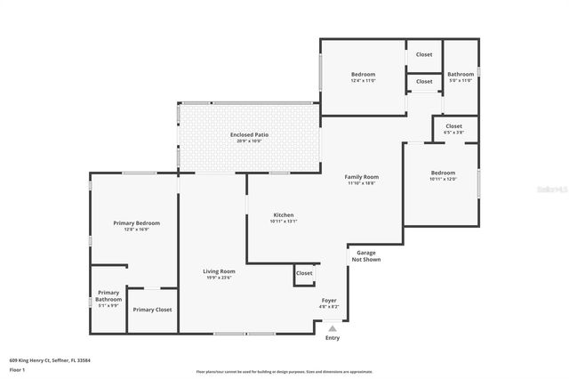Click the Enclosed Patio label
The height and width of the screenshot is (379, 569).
tap(249, 134)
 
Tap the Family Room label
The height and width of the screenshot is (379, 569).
tap(361, 177)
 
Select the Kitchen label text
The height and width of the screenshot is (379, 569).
tap(283, 214)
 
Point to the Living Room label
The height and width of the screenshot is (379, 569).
tap(219, 271)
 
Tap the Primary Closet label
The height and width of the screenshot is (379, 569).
tap(152, 310)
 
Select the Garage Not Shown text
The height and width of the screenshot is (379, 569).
tap(365, 256)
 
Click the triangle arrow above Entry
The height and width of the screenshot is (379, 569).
tap(333, 328)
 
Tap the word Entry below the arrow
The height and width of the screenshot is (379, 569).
tap(333, 338)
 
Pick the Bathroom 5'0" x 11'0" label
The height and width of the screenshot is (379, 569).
tap(461, 75)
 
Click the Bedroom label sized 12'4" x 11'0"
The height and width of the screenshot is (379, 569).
tap(363, 74)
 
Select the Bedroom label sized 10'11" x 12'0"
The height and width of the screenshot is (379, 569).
tap(443, 173)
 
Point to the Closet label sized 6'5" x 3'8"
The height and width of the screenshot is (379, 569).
tap(453, 126)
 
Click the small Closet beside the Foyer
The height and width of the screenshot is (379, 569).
tap(304, 273)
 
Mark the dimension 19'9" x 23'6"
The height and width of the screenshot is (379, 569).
tap(219, 278)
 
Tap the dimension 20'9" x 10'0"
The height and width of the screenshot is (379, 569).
tap(249, 141)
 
